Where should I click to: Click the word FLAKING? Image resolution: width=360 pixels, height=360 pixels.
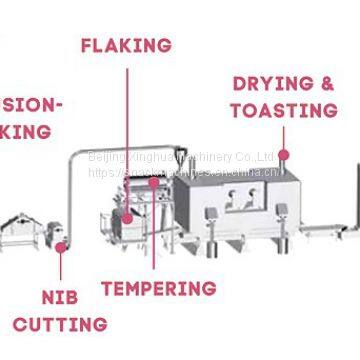click(126, 45)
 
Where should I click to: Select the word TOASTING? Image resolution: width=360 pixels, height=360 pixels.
click(283, 109)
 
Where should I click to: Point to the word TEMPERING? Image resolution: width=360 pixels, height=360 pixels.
click(159, 289)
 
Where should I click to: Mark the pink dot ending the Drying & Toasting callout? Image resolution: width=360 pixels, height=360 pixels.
click(284, 155)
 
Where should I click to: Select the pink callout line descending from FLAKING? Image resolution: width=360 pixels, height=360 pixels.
click(127, 120)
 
